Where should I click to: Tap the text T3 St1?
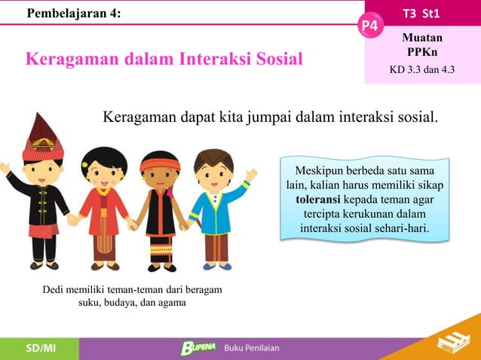pyautogui.click(x=422, y=11)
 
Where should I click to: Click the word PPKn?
pyautogui.click(x=422, y=51)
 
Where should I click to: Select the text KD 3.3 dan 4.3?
pyautogui.click(x=422, y=71)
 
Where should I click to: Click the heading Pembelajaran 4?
pyautogui.click(x=73, y=12)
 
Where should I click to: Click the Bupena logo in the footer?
pyautogui.click(x=198, y=348)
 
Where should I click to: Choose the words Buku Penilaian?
pyautogui.click(x=252, y=348)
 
